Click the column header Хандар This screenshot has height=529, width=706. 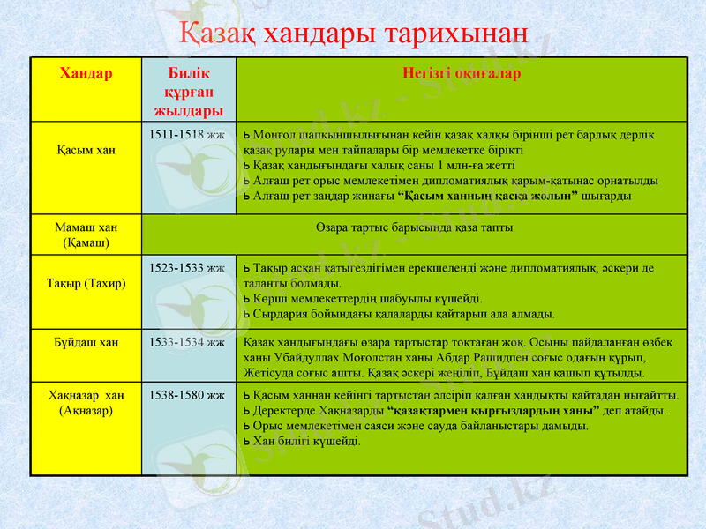tap(86, 73)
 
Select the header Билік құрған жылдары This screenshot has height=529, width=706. tap(188, 92)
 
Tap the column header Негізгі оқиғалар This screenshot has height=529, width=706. tap(461, 73)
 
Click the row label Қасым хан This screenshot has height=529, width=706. tap(86, 150)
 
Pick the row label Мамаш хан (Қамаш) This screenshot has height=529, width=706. tap(86, 234)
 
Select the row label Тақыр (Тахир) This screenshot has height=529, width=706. tap(86, 283)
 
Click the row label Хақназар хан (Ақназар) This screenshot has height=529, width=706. tap(86, 402)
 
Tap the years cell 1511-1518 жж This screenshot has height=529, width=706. tap(187, 134)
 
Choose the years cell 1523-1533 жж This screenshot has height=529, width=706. tap(187, 266)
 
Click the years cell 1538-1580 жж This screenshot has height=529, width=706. tap(187, 394)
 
